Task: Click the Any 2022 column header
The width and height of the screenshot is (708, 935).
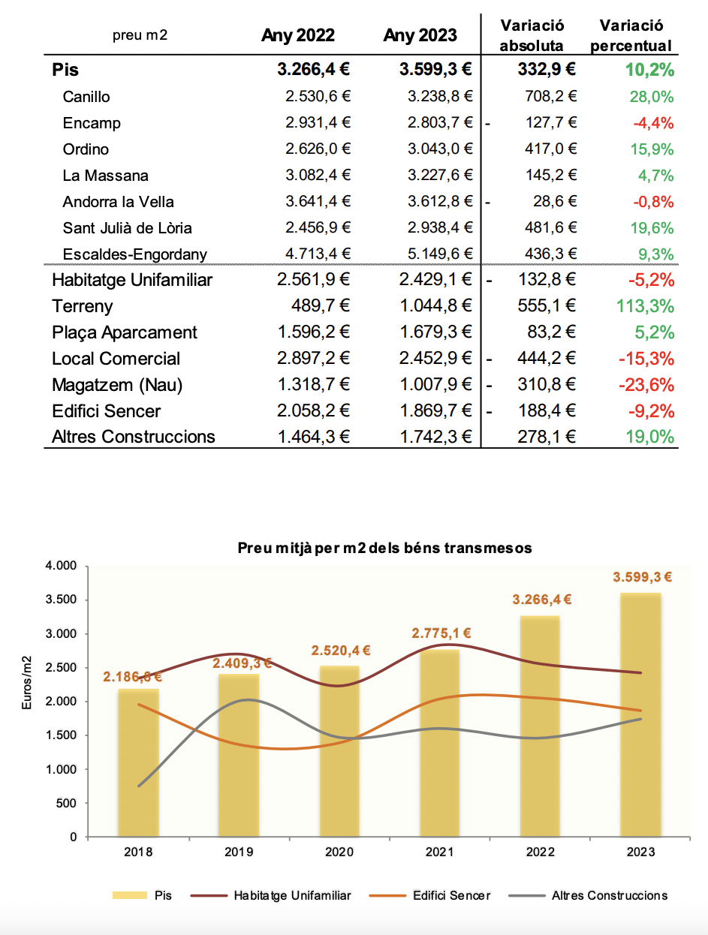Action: click(x=298, y=35)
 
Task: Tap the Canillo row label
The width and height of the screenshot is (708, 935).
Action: click(x=86, y=97)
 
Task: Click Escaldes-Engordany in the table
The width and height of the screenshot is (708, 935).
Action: click(x=134, y=254)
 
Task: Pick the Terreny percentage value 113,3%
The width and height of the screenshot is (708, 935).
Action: click(x=645, y=306)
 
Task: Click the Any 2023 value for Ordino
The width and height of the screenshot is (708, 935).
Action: click(x=441, y=149)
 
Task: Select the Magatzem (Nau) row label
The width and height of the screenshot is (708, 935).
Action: click(x=117, y=385)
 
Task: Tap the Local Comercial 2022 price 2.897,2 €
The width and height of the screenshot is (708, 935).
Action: click(x=314, y=359)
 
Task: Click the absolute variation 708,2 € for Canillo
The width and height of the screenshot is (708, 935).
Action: click(x=551, y=96)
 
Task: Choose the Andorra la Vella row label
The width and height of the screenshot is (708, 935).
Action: click(x=119, y=202)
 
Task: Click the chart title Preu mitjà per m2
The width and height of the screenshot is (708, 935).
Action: click(x=384, y=548)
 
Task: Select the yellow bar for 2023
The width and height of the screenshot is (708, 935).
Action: click(x=640, y=713)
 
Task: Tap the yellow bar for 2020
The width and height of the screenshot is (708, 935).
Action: click(x=339, y=750)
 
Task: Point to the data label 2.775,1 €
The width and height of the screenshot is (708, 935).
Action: click(x=441, y=633)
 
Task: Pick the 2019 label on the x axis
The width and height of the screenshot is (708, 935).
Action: click(x=239, y=852)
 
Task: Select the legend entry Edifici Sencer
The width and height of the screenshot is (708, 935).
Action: click(x=450, y=895)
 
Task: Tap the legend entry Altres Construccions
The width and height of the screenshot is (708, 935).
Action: click(x=609, y=895)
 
